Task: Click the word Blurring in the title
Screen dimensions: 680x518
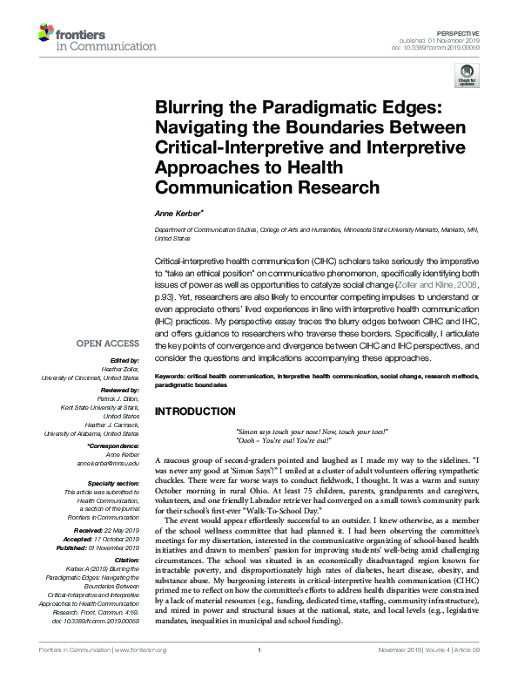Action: click(192, 107)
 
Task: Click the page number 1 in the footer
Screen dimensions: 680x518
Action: click(259, 674)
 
